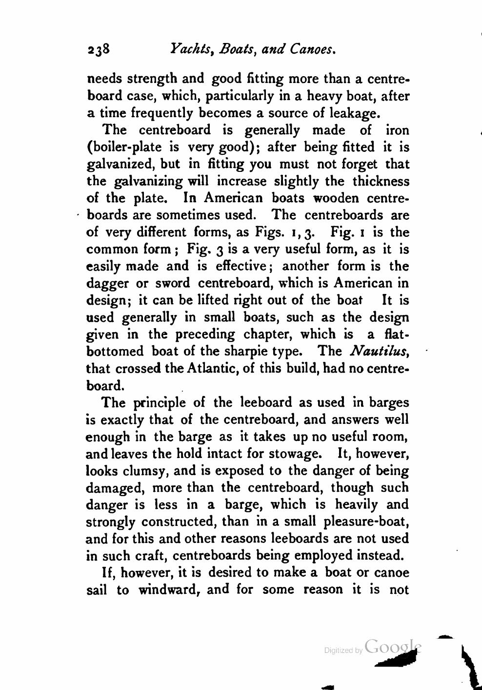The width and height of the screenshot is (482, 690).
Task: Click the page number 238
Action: click(x=100, y=49)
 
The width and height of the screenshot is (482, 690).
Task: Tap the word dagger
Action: click(x=107, y=284)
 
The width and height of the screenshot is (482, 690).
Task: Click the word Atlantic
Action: click(x=211, y=368)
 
